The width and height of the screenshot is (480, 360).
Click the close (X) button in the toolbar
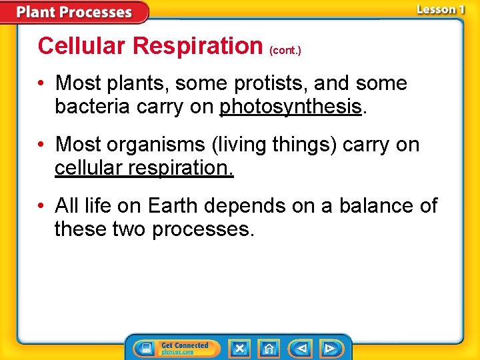click(239, 348)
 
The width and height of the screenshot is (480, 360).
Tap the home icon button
click(269, 348)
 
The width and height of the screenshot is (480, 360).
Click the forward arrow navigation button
click(330, 348)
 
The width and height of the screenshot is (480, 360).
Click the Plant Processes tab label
click(74, 12)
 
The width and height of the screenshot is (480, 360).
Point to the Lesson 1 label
click(440, 9)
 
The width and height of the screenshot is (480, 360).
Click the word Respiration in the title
click(199, 46)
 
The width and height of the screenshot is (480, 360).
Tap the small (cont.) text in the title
click(285, 50)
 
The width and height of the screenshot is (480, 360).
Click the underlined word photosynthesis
click(291, 107)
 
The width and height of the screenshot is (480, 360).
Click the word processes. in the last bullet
click(203, 229)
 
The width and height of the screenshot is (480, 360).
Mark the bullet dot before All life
click(42, 206)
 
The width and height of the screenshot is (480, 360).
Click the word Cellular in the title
click(83, 46)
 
